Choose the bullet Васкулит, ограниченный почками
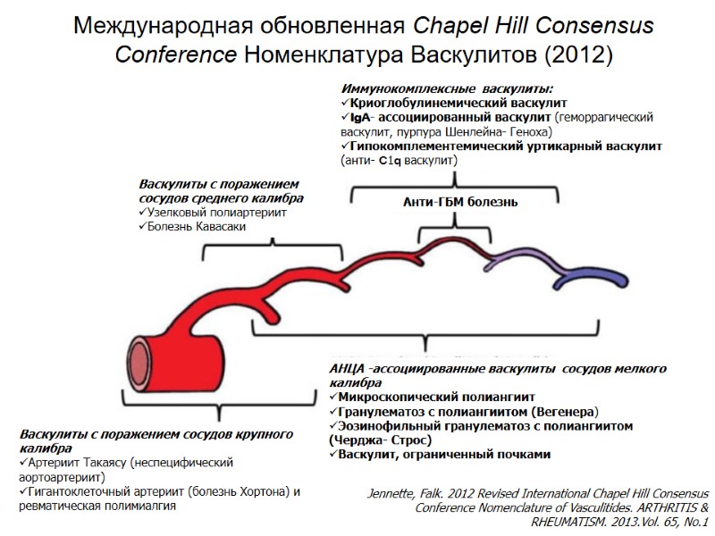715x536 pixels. [x=444, y=454]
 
